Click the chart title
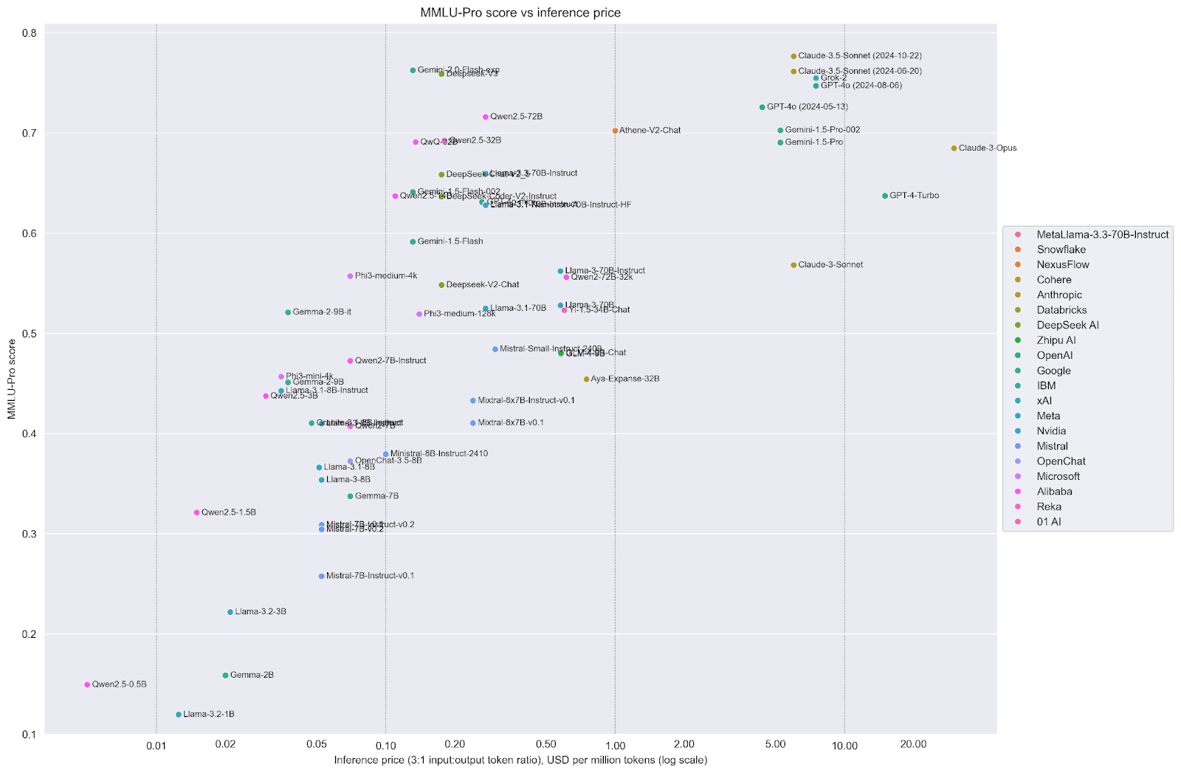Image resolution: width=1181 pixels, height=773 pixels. coord(520,13)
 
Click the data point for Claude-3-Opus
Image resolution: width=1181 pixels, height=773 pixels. coord(954,148)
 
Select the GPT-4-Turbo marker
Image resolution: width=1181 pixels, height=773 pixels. coord(885,196)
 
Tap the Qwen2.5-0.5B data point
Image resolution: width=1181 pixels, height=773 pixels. coord(87,684)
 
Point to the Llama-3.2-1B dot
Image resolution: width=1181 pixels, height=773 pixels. coord(179,715)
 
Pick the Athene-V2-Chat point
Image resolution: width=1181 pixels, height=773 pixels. coord(615,131)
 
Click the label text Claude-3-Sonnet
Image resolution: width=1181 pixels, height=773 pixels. coord(830,264)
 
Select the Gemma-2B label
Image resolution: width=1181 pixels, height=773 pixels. coord(252,675)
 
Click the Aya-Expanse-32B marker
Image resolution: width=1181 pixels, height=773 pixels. coord(587,379)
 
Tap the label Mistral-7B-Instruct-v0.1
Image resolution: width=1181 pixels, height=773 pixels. coord(370,576)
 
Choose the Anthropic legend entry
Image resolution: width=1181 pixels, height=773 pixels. coord(1058,295)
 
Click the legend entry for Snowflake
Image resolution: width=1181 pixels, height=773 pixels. coord(1061,250)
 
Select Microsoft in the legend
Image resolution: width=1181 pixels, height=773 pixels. coord(1058,476)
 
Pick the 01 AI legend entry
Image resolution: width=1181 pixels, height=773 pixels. coord(1048,522)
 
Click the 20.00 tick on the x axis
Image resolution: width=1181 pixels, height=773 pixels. coord(913,745)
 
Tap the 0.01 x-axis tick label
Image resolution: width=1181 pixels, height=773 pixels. coord(156,746)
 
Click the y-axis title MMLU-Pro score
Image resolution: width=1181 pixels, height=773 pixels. coord(12,379)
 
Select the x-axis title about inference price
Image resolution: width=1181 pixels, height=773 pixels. coord(520,760)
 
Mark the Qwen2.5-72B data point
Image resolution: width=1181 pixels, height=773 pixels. coord(485,117)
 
